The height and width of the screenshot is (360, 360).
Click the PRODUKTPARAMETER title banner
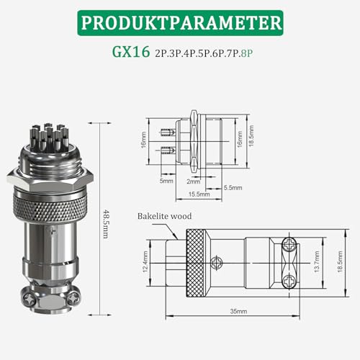tap(180, 23)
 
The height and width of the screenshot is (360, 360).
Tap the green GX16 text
tap(131, 52)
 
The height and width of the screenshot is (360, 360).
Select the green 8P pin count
tap(247, 53)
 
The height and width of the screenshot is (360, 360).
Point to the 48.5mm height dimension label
tap(106, 224)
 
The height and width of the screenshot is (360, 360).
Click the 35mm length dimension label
tap(238, 311)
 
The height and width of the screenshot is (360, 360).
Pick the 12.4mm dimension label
tap(145, 261)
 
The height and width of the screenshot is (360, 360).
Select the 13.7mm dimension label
tap(317, 261)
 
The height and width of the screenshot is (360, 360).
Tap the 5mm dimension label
tap(166, 181)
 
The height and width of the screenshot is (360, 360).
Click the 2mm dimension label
tap(194, 181)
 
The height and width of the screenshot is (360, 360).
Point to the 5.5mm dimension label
tap(233, 188)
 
